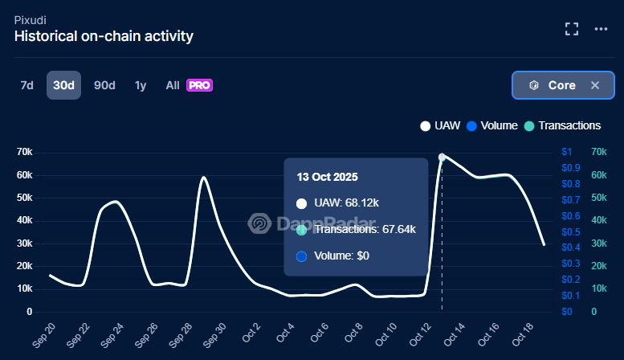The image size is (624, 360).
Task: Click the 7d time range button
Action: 27,85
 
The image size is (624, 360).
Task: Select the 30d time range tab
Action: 63,85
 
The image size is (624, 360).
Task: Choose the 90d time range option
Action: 104,85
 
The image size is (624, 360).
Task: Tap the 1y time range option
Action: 141,85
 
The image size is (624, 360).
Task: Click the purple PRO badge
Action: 198,85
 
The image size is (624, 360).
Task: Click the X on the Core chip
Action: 595,85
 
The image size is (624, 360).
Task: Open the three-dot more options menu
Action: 601,29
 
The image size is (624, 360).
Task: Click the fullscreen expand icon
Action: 572,29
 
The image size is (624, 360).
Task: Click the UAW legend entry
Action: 441,125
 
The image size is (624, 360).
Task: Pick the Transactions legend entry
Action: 562,125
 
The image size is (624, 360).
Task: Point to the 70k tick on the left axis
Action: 24,152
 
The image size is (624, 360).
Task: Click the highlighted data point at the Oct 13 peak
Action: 442,157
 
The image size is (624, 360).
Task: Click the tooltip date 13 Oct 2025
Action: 327,177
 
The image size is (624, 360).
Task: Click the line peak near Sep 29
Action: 204,178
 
